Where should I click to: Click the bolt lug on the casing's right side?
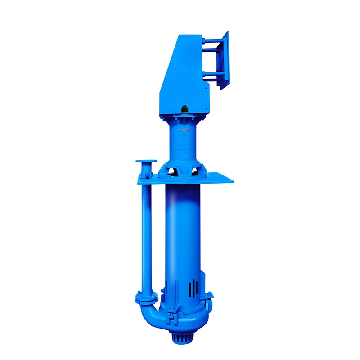(x=210, y=296)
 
